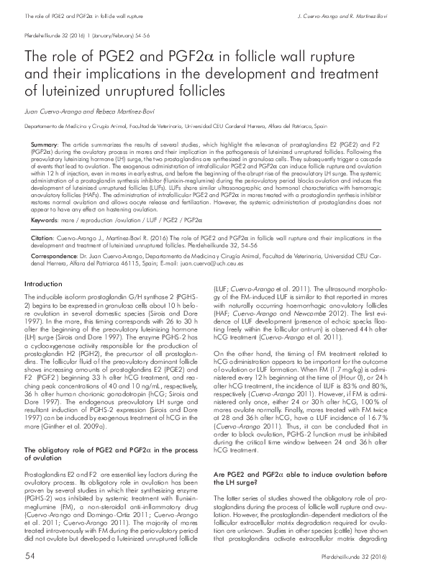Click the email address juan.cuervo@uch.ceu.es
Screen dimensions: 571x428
point(210,263)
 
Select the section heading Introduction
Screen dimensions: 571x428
point(44,305)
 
